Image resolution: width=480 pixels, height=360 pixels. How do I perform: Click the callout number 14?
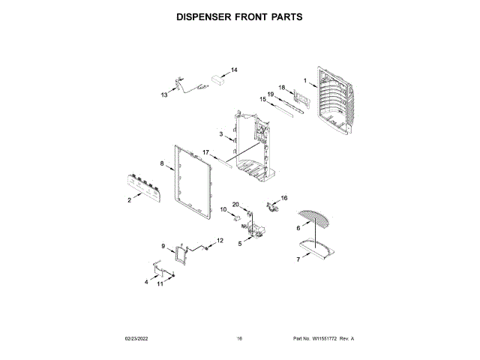point(234,70)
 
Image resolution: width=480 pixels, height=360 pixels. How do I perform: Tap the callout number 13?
point(164,95)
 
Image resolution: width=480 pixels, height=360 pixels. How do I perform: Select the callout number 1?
point(305,80)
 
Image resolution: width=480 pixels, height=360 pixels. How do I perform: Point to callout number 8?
point(161,163)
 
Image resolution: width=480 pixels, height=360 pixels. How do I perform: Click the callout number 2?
point(129,200)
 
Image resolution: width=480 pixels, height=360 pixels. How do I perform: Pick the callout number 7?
point(298,259)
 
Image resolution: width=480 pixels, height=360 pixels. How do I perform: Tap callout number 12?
point(220,240)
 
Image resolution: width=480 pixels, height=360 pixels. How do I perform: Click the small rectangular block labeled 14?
point(220,77)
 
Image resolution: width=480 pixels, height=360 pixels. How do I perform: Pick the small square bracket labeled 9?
point(180,253)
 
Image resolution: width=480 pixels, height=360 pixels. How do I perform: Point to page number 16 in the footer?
point(239,339)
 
